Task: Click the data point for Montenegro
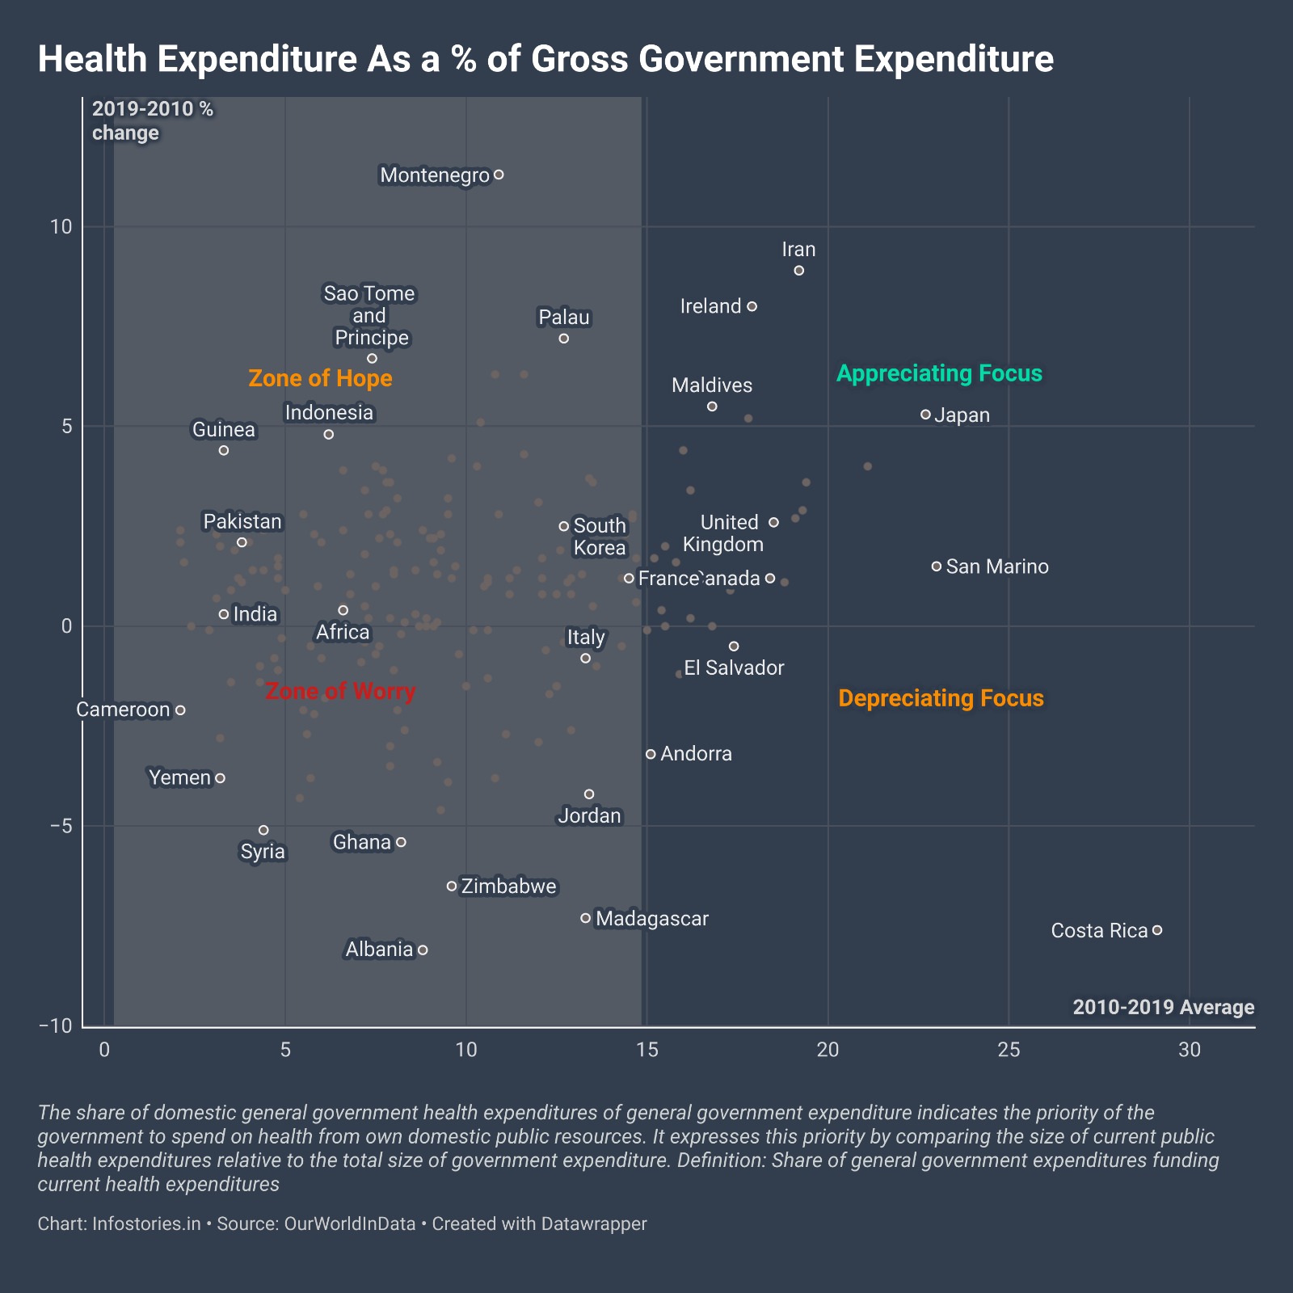pyautogui.click(x=499, y=175)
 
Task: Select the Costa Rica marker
pyautogui.click(x=1157, y=930)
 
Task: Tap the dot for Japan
pyautogui.click(x=925, y=415)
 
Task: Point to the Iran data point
pyautogui.click(x=799, y=271)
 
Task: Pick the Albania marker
pyautogui.click(x=423, y=950)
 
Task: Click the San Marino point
pyautogui.click(x=937, y=566)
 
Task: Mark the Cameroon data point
pyautogui.click(x=180, y=710)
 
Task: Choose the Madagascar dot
pyautogui.click(x=586, y=918)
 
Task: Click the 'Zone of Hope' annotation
pyautogui.click(x=320, y=378)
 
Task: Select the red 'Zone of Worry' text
pyautogui.click(x=340, y=692)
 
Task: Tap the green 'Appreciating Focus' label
pyautogui.click(x=939, y=373)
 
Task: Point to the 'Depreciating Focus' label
pyautogui.click(x=941, y=698)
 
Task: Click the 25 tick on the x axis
pyautogui.click(x=1009, y=1050)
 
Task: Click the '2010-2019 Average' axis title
pyautogui.click(x=1163, y=1007)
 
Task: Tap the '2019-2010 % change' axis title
pyautogui.click(x=153, y=121)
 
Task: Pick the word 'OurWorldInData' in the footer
pyautogui.click(x=350, y=1224)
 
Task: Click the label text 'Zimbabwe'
pyautogui.click(x=509, y=887)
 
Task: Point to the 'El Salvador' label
pyautogui.click(x=734, y=668)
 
